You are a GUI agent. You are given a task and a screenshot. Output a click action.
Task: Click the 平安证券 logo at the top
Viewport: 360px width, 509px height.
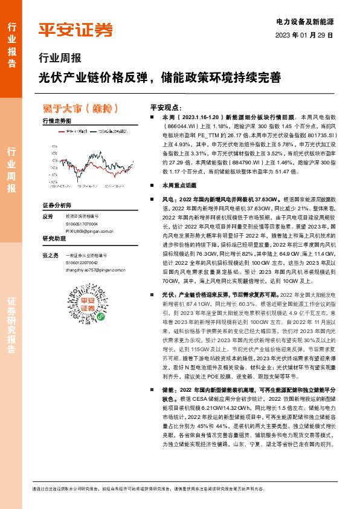(75, 30)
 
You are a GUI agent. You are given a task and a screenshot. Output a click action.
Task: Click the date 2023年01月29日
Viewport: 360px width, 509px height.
(304, 35)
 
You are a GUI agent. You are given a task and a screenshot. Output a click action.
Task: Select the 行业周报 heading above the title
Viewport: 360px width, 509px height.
(59, 59)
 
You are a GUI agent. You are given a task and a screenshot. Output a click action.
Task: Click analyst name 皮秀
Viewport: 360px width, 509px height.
(48, 216)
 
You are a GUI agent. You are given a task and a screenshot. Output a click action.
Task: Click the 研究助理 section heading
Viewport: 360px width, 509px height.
(53, 239)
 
